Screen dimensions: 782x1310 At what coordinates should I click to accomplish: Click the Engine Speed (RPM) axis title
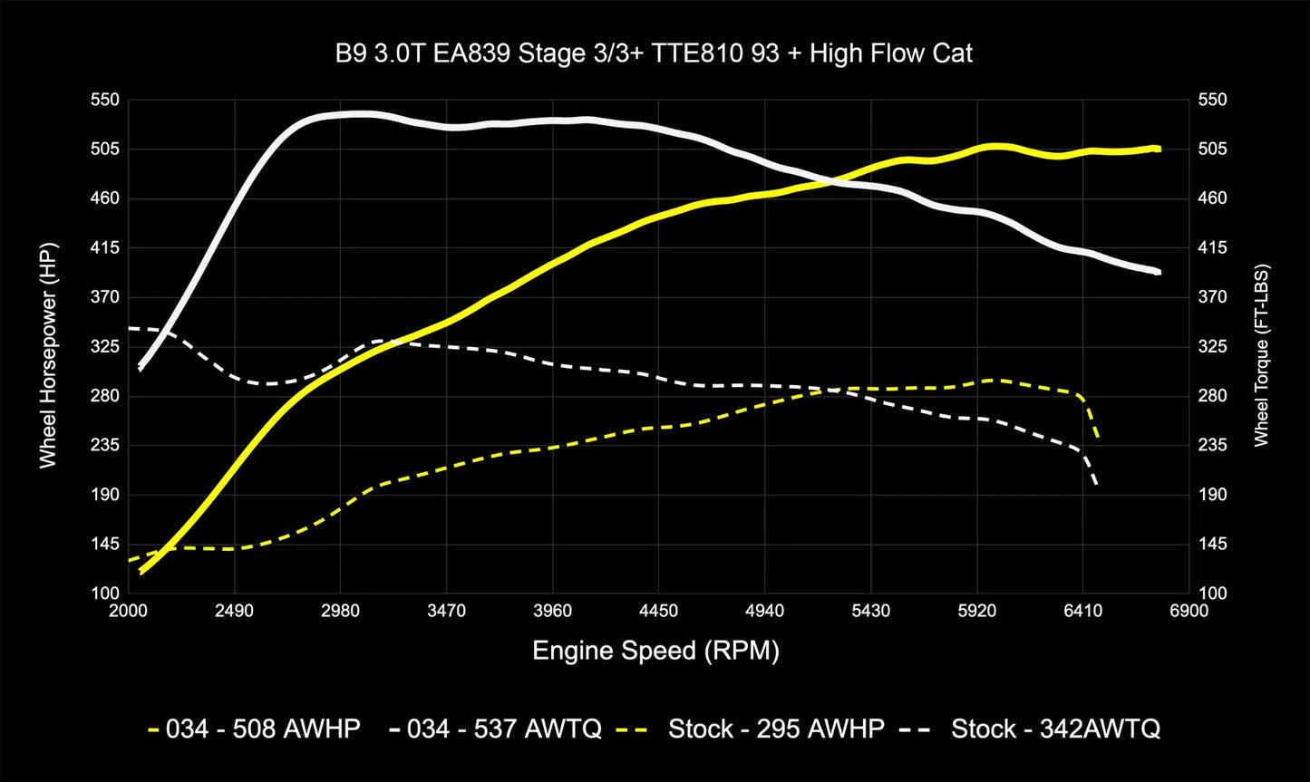click(x=655, y=650)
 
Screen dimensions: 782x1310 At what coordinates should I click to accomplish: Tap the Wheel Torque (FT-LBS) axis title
click(x=1261, y=355)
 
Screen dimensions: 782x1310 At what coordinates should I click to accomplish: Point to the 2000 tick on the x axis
click(x=128, y=610)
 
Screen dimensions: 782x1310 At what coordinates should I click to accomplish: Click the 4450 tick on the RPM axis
click(x=658, y=610)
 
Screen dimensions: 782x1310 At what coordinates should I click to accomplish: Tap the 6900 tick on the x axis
click(x=1189, y=610)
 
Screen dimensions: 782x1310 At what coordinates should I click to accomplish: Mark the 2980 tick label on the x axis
click(x=340, y=610)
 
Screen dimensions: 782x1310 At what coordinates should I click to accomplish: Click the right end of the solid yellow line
click(x=1159, y=149)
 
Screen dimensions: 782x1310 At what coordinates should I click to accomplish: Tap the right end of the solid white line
click(x=1159, y=272)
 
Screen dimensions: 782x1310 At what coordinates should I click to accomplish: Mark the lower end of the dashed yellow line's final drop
click(x=1098, y=439)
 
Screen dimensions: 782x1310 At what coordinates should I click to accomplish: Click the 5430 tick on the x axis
click(x=870, y=610)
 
